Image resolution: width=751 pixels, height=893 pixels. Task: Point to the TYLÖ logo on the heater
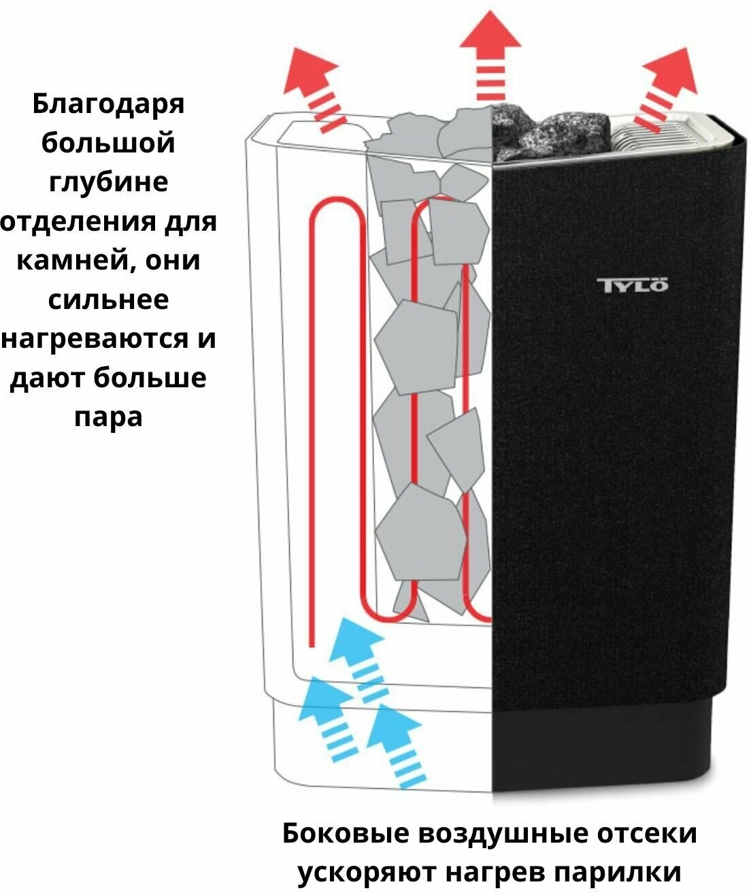[x=632, y=284]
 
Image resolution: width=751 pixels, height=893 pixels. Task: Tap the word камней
[x=72, y=261]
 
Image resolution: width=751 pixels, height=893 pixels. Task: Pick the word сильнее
[x=108, y=299]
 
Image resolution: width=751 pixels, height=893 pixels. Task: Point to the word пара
[x=108, y=417]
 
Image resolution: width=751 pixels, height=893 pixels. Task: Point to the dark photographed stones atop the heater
[x=544, y=133]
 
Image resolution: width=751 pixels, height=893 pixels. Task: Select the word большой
[x=108, y=144]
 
